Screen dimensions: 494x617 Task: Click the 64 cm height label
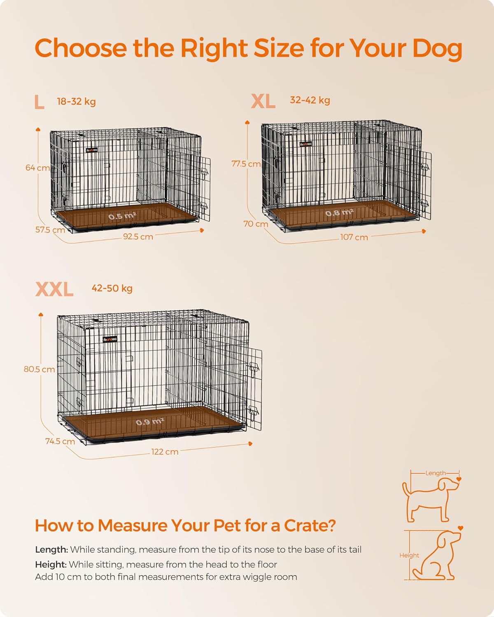tap(37, 168)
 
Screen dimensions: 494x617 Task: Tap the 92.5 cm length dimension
tap(138, 237)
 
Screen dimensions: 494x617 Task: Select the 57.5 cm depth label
tap(50, 230)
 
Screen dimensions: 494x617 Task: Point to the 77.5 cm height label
tap(246, 164)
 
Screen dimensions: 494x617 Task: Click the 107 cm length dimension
tap(354, 237)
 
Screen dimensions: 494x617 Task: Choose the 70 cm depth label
tap(256, 224)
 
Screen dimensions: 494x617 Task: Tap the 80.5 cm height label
tap(39, 369)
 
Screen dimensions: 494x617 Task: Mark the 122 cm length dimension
tap(165, 452)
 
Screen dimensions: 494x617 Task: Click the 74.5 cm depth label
tap(60, 441)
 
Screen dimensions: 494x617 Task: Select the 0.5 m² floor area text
tap(122, 216)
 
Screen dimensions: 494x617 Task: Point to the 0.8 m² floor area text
tap(340, 213)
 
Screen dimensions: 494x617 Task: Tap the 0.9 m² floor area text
tap(150, 422)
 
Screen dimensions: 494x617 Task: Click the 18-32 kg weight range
tap(76, 102)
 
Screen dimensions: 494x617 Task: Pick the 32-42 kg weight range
tap(310, 100)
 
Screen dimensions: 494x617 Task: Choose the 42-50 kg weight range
tap(112, 288)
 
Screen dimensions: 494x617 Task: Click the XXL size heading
tap(54, 289)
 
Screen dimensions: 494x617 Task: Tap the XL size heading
tap(263, 101)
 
